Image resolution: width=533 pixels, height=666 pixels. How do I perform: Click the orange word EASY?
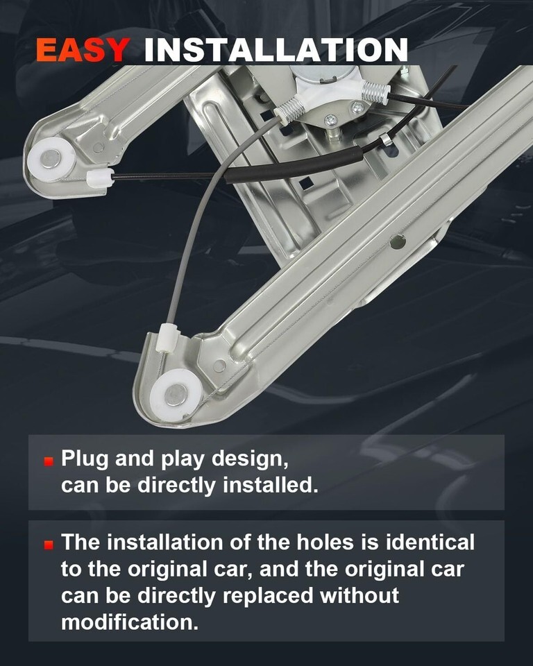[83, 50]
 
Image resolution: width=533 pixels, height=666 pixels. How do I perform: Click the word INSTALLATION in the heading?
[276, 50]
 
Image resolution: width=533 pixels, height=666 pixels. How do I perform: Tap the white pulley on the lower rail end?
[176, 395]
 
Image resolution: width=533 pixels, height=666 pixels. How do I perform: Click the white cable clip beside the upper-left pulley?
[100, 178]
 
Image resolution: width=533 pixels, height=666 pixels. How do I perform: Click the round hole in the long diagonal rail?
[397, 242]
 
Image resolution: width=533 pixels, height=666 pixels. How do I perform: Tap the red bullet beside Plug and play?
[49, 461]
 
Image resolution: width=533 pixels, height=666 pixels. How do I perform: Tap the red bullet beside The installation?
[49, 545]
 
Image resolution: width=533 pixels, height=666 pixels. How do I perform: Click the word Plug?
[85, 459]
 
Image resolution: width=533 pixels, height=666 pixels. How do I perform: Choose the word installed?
[271, 485]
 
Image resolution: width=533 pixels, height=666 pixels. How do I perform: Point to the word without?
[359, 595]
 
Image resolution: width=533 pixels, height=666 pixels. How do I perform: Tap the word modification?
[130, 622]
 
